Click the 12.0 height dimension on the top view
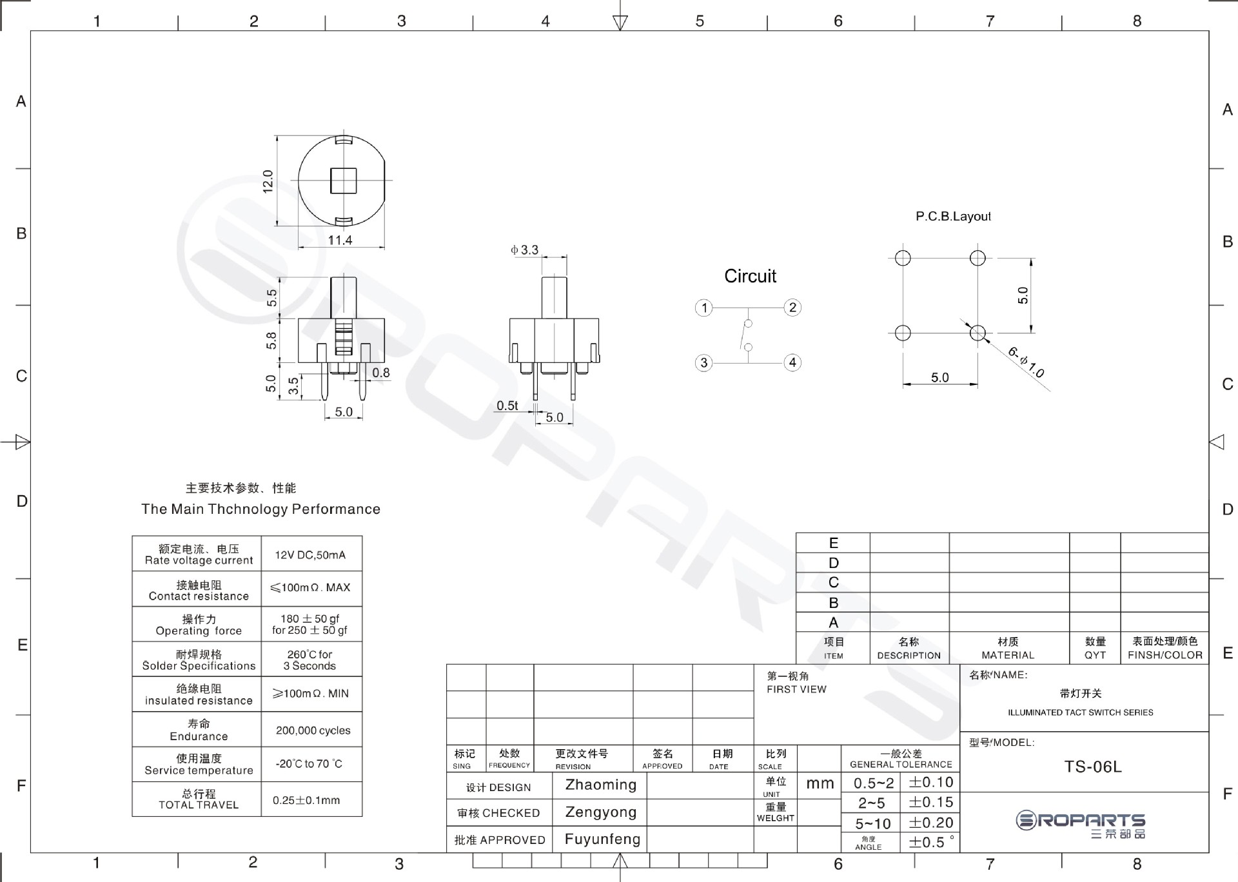[x=268, y=181]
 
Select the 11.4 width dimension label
[x=340, y=240]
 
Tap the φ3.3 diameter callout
[x=524, y=250]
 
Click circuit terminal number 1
[x=704, y=308]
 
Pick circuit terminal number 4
[x=792, y=362]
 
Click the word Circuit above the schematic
[x=750, y=276]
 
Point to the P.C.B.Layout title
[x=953, y=217]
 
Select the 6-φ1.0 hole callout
[x=1026, y=362]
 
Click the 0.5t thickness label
[x=507, y=406]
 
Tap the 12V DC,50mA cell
[x=310, y=555]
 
